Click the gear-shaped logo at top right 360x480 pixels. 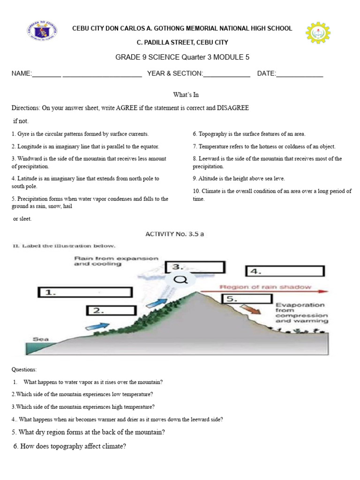pyautogui.click(x=318, y=34)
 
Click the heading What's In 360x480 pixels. pyautogui.click(x=186, y=95)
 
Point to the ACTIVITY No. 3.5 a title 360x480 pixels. pyautogui.click(x=175, y=234)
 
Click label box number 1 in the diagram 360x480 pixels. pyautogui.click(x=84, y=292)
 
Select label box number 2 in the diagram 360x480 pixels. pyautogui.click(x=111, y=310)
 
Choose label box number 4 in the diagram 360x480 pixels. pyautogui.click(x=284, y=271)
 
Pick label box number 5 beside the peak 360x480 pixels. pyautogui.click(x=246, y=299)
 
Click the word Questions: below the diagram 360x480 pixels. pyautogui.click(x=24, y=370)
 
